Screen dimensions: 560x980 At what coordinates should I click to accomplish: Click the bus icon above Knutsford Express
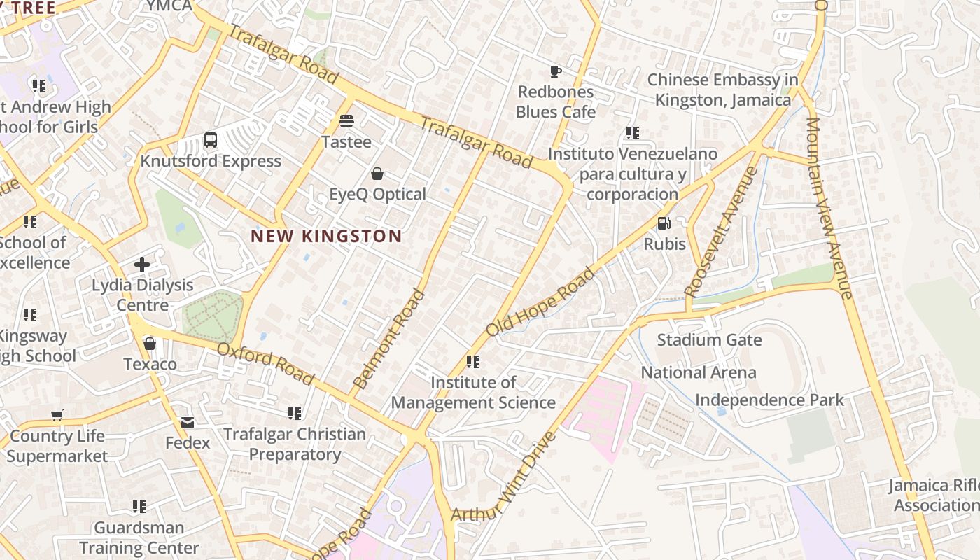coord(211,140)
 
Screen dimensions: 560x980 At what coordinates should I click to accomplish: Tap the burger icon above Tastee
coord(346,121)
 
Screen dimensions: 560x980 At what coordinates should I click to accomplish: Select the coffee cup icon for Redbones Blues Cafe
coord(555,71)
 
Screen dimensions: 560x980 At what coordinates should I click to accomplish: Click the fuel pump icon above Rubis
coord(664,224)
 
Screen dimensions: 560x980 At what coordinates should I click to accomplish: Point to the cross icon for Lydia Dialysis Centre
coord(142,265)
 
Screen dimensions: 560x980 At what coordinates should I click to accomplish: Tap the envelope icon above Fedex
coord(188,423)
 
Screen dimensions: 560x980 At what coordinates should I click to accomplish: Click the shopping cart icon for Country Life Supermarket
coord(57,416)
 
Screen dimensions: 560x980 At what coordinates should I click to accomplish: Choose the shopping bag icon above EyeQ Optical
coord(377,174)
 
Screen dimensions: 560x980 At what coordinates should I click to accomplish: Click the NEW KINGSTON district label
coord(326,237)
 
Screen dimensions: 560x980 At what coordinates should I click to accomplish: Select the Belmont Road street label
coord(389,339)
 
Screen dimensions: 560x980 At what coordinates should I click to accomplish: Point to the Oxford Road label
coord(265,364)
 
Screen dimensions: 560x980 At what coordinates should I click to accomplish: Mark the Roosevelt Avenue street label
coord(722,231)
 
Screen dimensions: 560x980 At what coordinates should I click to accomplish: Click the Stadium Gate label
coord(709,341)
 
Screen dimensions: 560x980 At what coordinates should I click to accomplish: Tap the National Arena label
coord(699,372)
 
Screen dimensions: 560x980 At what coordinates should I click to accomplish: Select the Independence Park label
coord(769,400)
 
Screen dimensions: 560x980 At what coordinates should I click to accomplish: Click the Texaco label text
coord(150,365)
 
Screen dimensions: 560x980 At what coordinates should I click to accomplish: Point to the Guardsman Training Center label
coord(139,538)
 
